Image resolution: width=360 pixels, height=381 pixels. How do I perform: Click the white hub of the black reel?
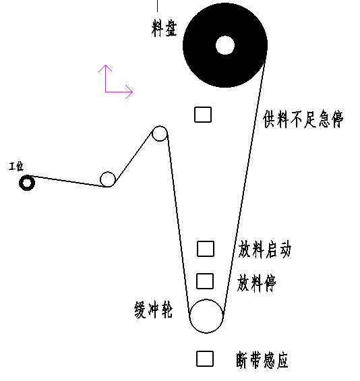coord(225,45)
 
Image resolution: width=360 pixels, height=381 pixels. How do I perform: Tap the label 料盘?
coord(164,28)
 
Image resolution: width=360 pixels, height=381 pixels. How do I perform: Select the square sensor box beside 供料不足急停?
coord(203,115)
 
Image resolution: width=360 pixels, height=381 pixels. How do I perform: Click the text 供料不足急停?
coord(303,119)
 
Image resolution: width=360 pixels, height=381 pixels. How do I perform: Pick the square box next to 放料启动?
coord(206,249)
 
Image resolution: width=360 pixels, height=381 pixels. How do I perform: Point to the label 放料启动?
coord(264,250)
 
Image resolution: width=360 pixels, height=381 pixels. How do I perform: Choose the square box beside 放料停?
coord(205,281)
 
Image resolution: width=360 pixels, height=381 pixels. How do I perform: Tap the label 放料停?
coord(257,283)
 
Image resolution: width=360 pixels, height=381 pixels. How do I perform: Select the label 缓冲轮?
coord(153,310)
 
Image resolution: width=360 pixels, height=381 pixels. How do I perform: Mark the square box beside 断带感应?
coord(205,359)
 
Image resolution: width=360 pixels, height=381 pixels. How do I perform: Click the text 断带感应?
coord(262,360)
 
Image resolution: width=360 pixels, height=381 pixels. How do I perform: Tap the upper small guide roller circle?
coord(160,126)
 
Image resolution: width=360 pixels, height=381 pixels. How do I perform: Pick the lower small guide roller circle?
coord(108,172)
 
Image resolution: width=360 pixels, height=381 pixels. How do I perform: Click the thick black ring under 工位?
coord(27,177)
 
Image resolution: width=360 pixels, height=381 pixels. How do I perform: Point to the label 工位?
coord(16,167)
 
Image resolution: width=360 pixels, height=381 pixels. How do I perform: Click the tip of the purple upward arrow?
coord(105,65)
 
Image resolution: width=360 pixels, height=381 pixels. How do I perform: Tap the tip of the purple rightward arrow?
coord(133,92)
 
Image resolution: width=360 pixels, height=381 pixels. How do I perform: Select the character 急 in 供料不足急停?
coord(324,119)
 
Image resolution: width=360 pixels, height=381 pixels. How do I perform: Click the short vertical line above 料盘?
coord(157,6)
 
